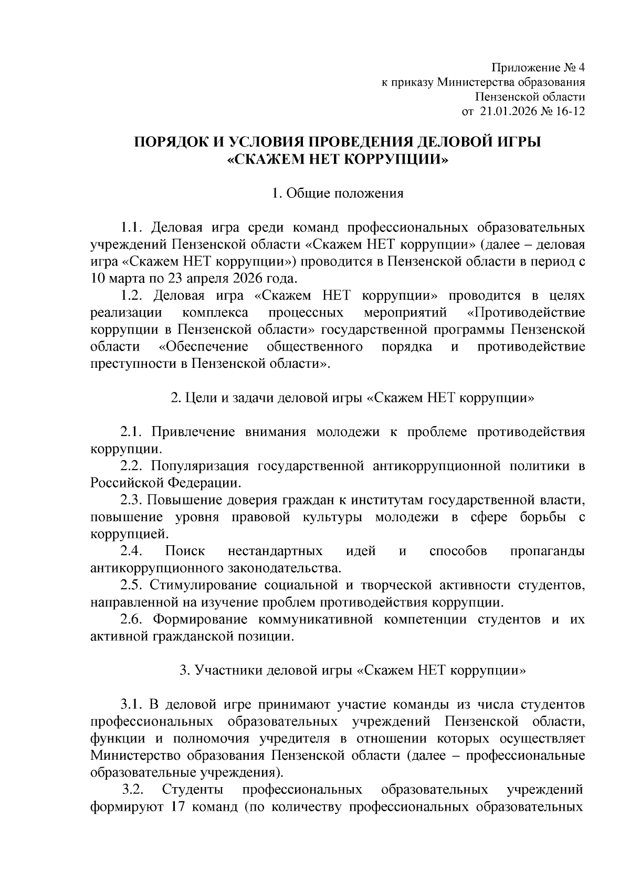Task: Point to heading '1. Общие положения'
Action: [338, 193]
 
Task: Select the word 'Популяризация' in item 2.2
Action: [199, 465]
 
